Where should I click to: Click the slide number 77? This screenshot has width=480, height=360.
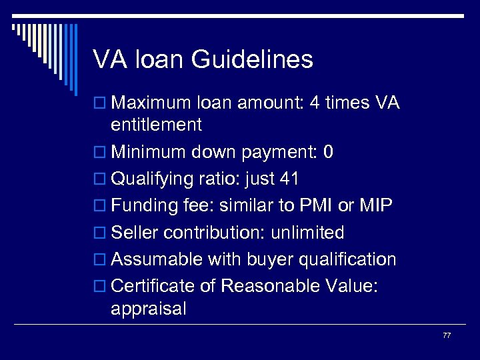pos(447,335)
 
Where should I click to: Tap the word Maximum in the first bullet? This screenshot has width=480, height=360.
pos(151,104)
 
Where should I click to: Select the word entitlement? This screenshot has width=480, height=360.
pos(157,125)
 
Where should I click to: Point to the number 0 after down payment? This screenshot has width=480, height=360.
pos(327,153)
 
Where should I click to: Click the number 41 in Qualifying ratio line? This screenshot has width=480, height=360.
pos(290,179)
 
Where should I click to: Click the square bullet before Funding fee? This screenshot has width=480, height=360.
pos(100,207)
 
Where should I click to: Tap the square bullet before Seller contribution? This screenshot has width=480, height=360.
pos(100,233)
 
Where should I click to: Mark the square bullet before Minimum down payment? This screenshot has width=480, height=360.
pos(100,153)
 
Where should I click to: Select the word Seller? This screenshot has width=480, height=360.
pos(133,233)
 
